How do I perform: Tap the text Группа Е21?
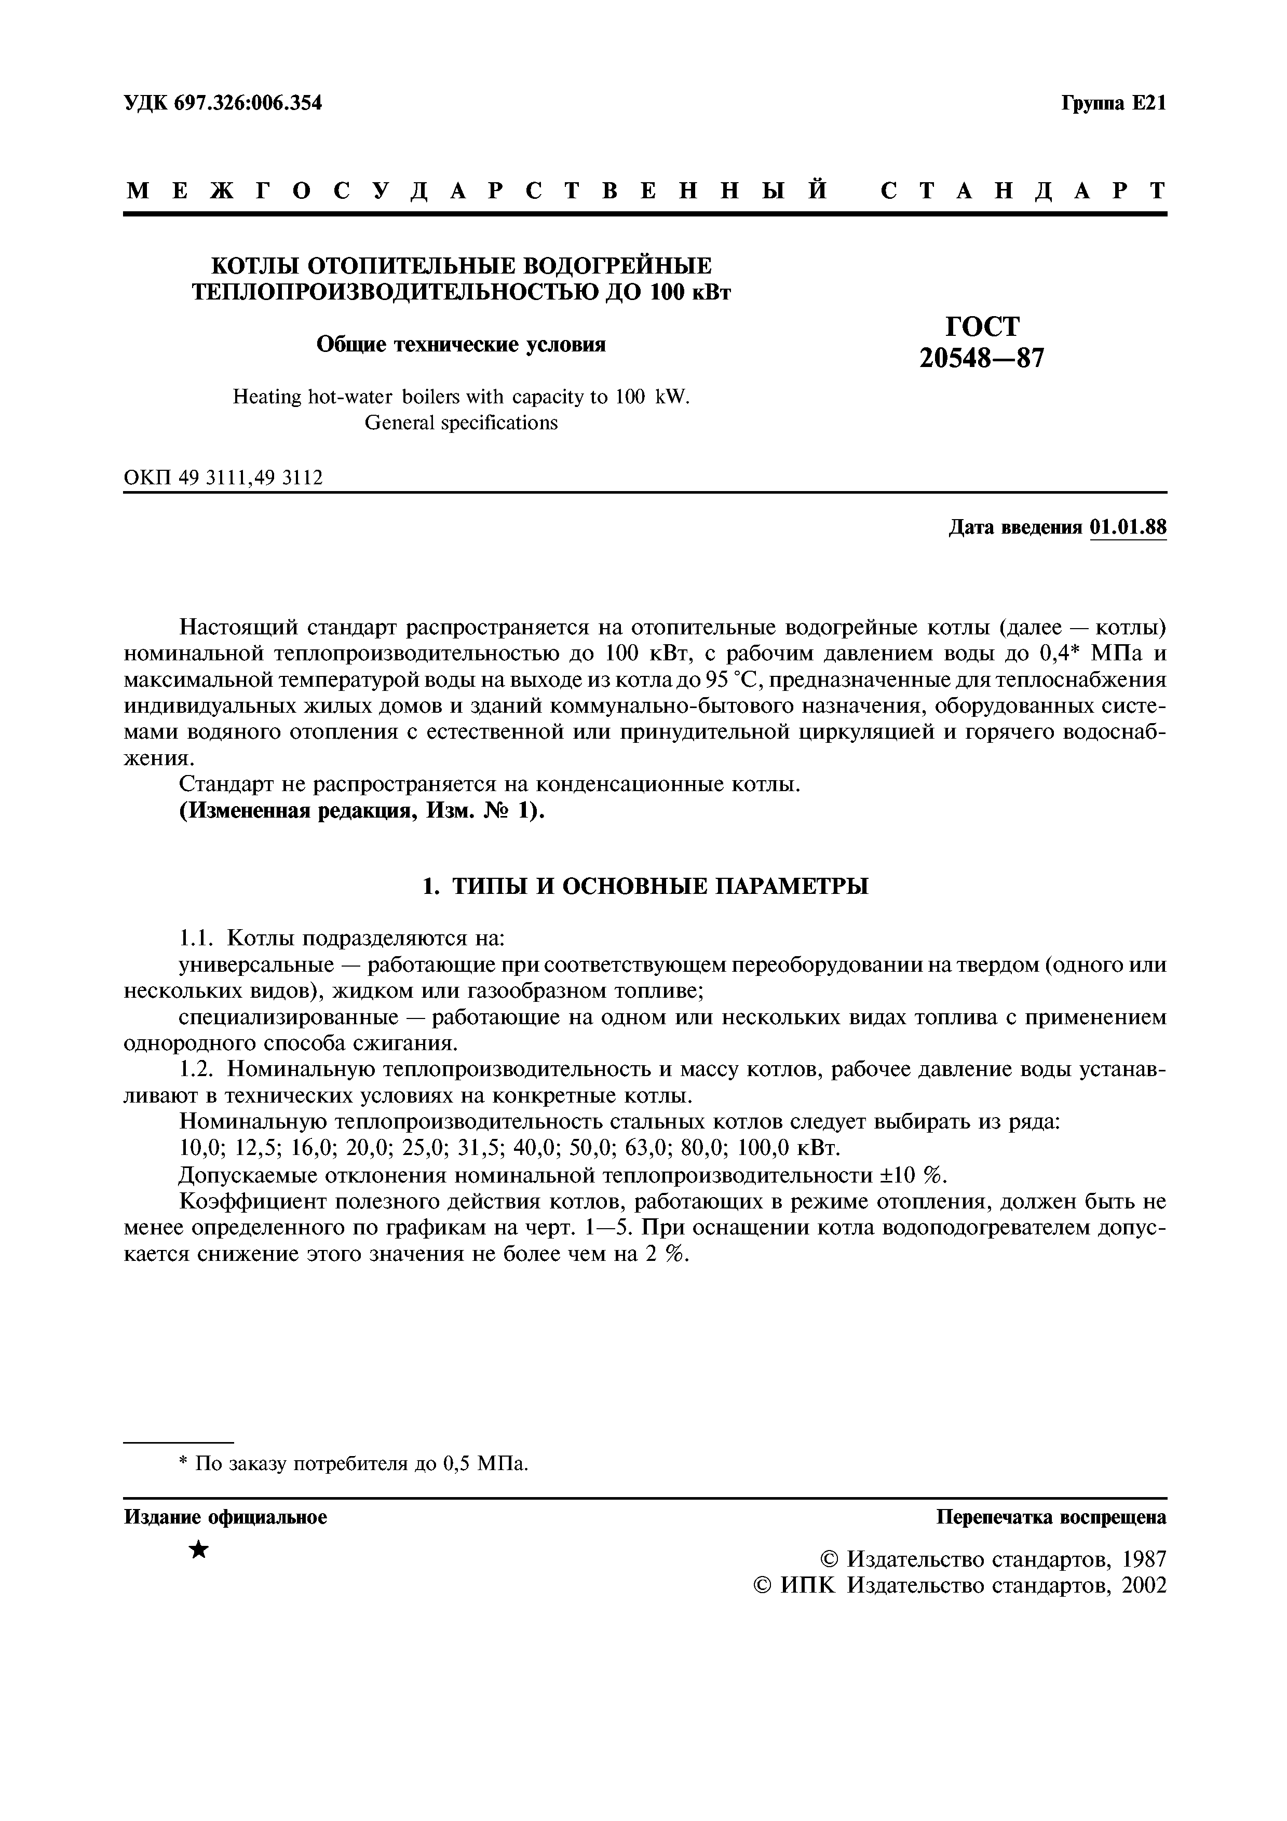tap(1113, 103)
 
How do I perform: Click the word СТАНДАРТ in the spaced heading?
tap(1023, 191)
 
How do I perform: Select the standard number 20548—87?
tap(982, 359)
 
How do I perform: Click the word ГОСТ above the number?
tap(982, 327)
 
